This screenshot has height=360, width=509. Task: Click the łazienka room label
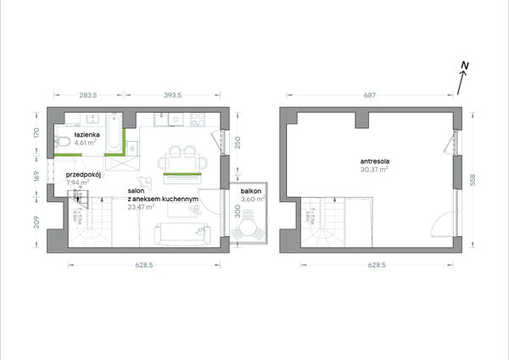87,134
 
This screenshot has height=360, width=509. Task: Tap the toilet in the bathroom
62,141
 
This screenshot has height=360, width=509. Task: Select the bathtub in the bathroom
114,133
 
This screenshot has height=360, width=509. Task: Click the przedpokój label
83,174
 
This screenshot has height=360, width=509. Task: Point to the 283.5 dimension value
88,95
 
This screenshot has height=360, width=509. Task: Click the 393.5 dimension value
172,95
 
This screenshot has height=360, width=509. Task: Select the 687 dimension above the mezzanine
369,95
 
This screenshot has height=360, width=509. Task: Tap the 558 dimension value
473,180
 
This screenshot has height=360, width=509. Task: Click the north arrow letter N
465,66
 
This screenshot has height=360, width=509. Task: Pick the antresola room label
375,161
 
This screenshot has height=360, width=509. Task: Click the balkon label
251,191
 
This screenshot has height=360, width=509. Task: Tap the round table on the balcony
248,228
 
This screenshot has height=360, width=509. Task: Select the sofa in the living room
182,234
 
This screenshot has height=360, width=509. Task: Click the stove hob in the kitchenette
198,120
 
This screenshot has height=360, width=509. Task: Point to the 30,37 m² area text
374,169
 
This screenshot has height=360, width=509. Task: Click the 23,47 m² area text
141,206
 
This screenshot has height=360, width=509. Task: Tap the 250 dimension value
238,143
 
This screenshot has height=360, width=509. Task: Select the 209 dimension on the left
36,222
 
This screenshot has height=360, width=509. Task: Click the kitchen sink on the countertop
160,120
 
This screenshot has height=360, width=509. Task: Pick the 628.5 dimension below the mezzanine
377,265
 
